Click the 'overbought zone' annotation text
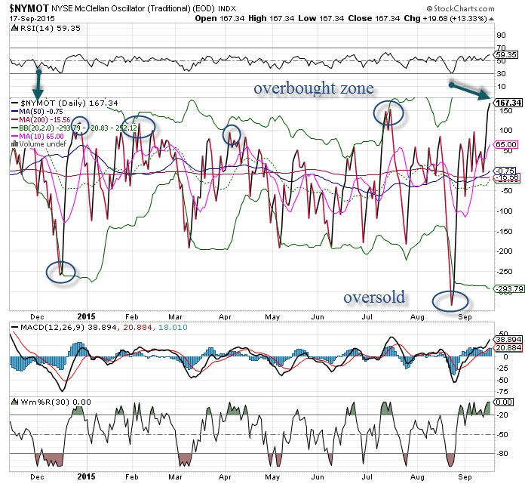313,88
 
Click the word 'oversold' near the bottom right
374,297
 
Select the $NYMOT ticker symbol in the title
26,8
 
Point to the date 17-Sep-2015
29,18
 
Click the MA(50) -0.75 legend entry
34,110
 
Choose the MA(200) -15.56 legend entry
38,119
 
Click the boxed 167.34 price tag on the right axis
508,103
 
